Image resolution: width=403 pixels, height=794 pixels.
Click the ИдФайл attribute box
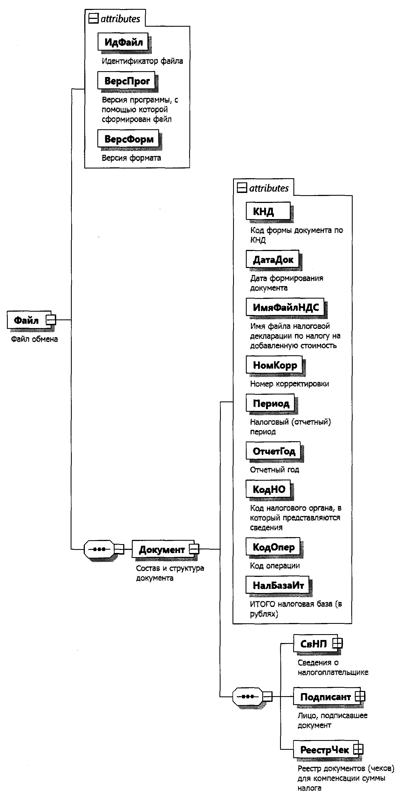tap(123, 42)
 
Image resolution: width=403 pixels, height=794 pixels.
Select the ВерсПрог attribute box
tap(127, 81)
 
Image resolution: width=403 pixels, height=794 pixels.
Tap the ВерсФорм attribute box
tap(128, 139)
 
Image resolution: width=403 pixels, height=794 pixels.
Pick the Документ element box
tap(162, 549)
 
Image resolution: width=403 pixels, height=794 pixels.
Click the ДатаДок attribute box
tap(273, 259)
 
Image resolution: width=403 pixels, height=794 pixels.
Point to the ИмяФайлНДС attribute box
tap(285, 307)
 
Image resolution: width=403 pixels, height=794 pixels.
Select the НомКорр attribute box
tap(274, 365)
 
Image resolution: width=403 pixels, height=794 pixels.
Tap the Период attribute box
tap(270, 403)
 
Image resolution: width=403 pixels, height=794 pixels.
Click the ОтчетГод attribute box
tap(273, 451)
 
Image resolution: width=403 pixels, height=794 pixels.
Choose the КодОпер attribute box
tap(273, 547)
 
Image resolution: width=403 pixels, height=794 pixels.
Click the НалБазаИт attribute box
tap(278, 585)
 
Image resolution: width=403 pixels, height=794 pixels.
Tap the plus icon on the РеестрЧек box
tap(358, 749)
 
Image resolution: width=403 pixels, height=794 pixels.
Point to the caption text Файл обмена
tap(34, 339)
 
